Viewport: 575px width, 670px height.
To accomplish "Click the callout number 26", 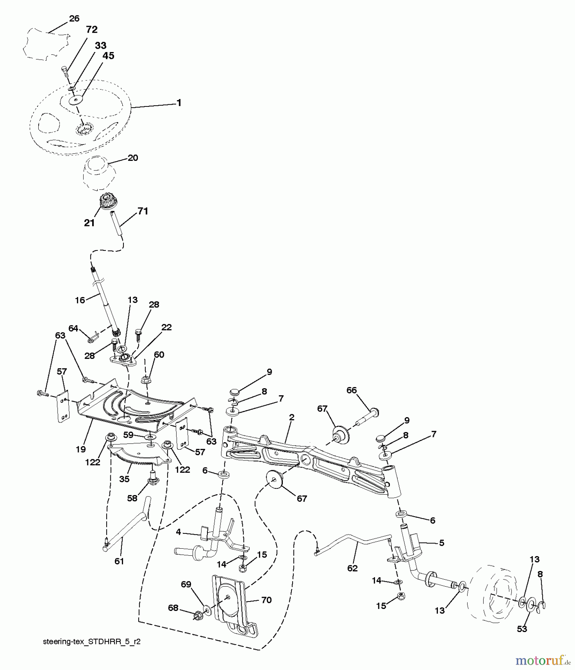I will pyautogui.click(x=74, y=18).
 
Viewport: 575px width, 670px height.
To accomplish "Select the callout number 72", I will pyautogui.click(x=91, y=29).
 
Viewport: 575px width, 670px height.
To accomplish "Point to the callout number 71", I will pyautogui.click(x=143, y=211).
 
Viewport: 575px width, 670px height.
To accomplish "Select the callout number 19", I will pyautogui.click(x=81, y=449).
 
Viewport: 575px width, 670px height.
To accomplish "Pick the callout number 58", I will pyautogui.click(x=132, y=498).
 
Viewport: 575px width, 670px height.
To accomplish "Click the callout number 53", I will pyautogui.click(x=522, y=629).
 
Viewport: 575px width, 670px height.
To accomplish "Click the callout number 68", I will pyautogui.click(x=173, y=608).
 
